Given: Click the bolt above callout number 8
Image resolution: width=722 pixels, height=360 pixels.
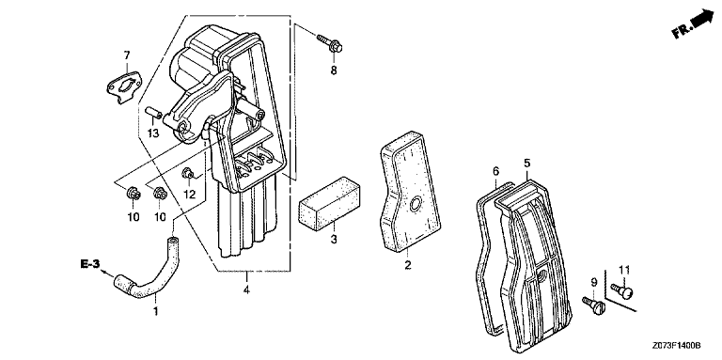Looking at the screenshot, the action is click(x=330, y=43).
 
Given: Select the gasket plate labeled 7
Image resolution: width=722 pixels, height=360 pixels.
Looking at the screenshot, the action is click(x=124, y=86).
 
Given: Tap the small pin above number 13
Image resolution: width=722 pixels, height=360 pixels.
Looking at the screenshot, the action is click(x=152, y=113).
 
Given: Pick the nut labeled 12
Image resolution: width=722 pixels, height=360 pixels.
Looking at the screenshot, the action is click(x=187, y=173).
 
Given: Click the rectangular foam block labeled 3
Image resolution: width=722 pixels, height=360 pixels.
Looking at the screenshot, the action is click(x=329, y=202).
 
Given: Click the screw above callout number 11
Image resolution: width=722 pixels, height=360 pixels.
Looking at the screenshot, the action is click(x=622, y=290).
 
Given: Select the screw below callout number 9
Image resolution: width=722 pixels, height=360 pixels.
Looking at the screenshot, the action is click(x=593, y=305).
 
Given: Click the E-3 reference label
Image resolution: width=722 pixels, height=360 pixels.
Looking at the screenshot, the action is click(x=90, y=264).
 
